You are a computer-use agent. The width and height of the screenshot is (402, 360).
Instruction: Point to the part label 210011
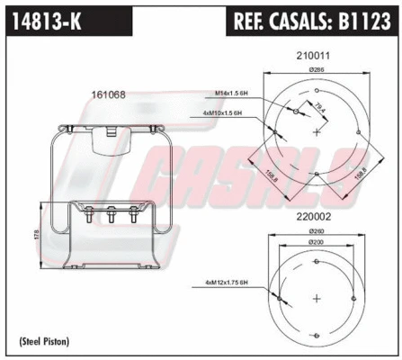(x=314, y=57)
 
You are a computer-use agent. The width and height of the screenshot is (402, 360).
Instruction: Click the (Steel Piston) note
(x=42, y=341)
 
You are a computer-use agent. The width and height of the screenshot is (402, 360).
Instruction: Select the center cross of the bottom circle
(x=317, y=298)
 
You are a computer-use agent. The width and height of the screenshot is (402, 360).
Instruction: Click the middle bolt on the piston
(x=110, y=216)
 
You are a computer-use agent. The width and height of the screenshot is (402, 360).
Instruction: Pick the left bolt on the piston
(x=89, y=216)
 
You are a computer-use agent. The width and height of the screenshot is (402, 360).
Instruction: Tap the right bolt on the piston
(x=131, y=216)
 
